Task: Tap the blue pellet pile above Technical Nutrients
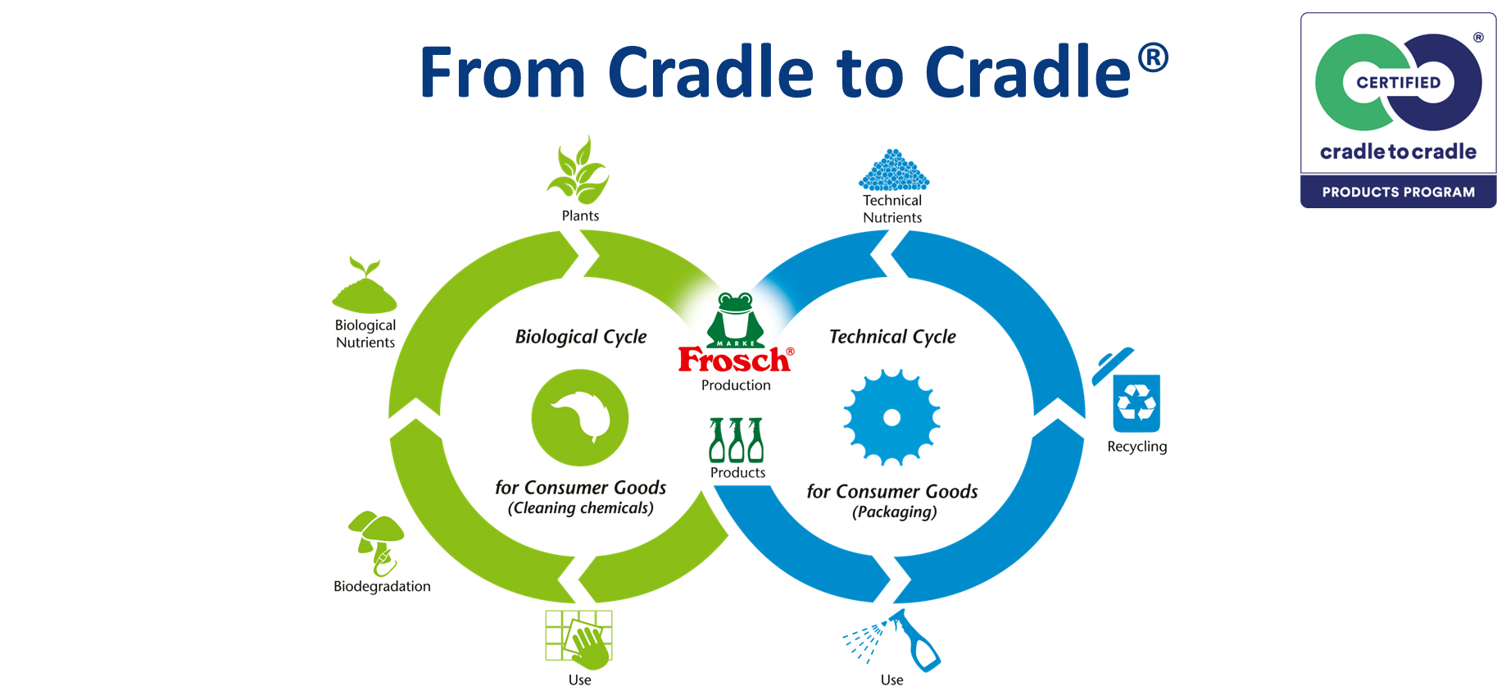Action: pyautogui.click(x=893, y=170)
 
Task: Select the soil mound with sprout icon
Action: pyautogui.click(x=365, y=287)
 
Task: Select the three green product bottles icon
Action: pyautogui.click(x=736, y=440)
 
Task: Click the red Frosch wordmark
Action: pyautogui.click(x=733, y=361)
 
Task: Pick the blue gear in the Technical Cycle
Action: pyautogui.click(x=891, y=417)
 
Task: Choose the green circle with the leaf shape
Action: pyautogui.click(x=580, y=417)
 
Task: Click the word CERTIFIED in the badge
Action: pyautogui.click(x=1398, y=83)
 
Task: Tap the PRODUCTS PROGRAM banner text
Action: pyautogui.click(x=1398, y=193)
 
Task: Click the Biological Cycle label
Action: pyautogui.click(x=581, y=337)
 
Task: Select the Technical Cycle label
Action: pyautogui.click(x=892, y=337)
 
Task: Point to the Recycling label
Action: pyautogui.click(x=1136, y=447)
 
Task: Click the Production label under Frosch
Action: pyautogui.click(x=736, y=385)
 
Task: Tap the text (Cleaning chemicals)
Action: pyautogui.click(x=581, y=508)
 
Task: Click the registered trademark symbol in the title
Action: pyautogui.click(x=1152, y=57)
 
